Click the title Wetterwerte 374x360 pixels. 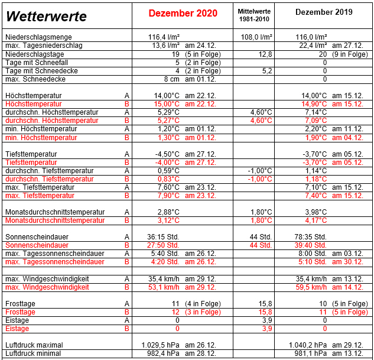[46, 17]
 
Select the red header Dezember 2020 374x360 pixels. [183, 13]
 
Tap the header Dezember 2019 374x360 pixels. [324, 12]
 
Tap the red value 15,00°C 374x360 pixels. [167, 103]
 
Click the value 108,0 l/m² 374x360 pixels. [256, 37]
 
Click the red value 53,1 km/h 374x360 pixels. [164, 287]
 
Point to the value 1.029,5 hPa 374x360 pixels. [160, 345]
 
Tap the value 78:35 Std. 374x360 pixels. [311, 236]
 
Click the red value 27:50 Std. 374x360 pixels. [163, 245]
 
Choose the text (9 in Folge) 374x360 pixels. [350, 54]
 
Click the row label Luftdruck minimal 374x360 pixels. [34, 353]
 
